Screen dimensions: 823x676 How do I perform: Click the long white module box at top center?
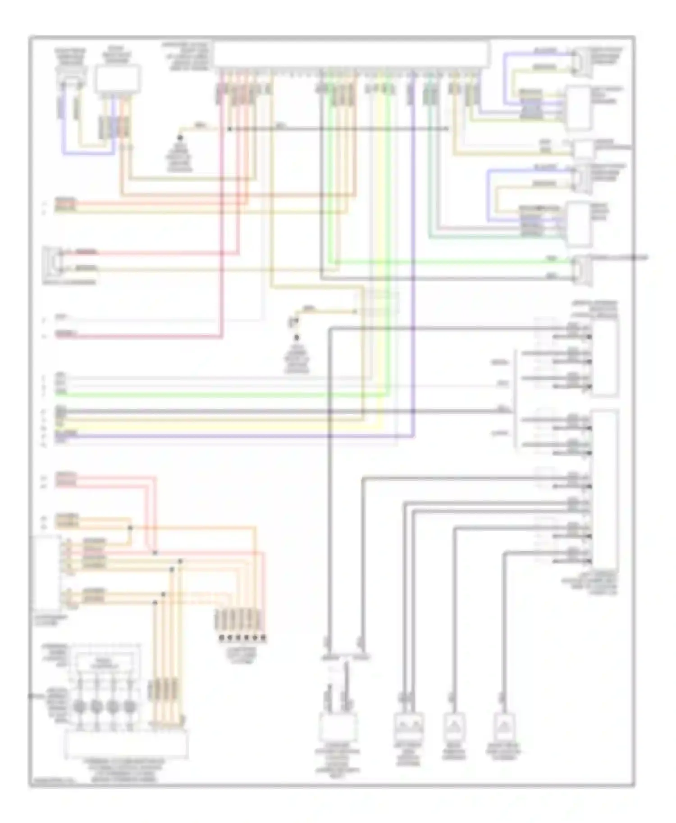(352, 54)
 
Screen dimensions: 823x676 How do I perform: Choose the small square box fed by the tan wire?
(584, 149)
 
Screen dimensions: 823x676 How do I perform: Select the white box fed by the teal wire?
(579, 224)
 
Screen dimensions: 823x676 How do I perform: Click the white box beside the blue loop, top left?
(117, 78)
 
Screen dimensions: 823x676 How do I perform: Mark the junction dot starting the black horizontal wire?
(229, 129)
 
